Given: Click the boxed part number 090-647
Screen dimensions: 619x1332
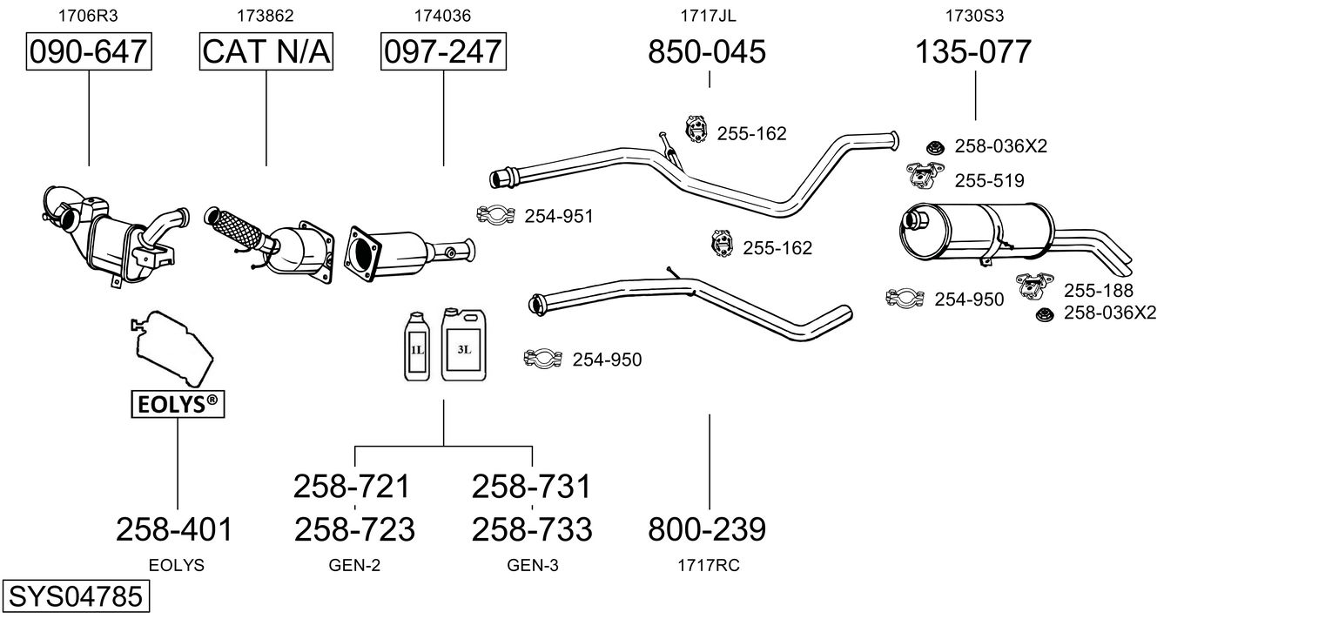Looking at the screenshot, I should pos(89,52).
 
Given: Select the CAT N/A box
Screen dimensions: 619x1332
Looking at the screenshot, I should pos(266,52).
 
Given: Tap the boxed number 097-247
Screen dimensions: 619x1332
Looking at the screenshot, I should pos(443,52).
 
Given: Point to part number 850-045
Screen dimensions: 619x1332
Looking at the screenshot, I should pos(707,52).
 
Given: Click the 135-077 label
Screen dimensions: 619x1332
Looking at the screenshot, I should pos(972,52).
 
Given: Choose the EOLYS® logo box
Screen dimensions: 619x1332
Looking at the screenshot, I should pos(177,404).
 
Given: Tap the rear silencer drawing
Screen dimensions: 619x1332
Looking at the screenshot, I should pos(979,230).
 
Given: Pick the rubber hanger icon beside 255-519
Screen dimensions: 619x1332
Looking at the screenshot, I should pos(924,177).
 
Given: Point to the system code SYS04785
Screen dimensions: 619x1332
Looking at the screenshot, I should pos(75,598).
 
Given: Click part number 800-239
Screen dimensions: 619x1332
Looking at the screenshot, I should pos(707,528).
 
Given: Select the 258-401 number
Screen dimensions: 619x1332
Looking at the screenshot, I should pos(175,528).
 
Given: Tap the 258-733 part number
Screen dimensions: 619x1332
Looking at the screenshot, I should pos(532,528).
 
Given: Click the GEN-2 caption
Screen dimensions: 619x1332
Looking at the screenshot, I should pos(354,565).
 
